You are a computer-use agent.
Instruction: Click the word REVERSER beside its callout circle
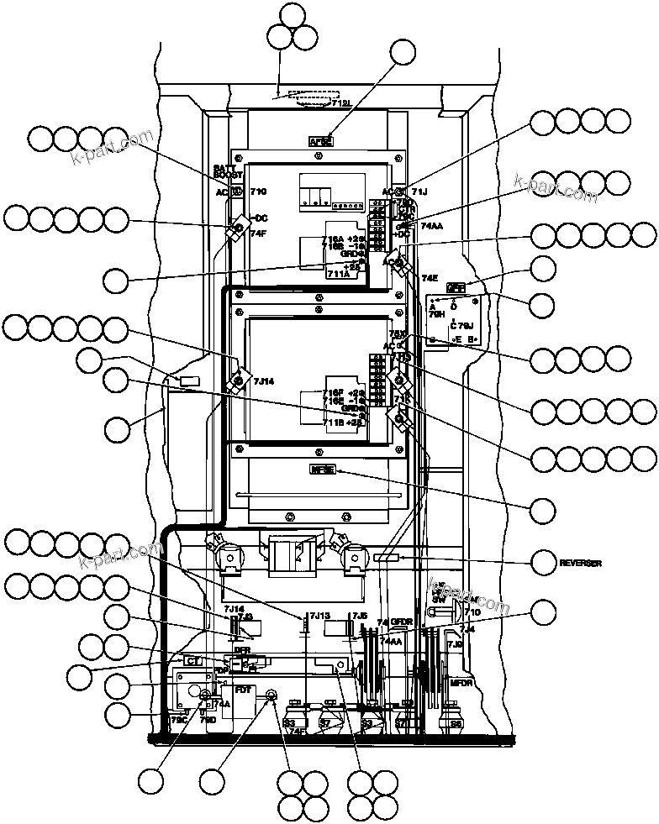click(582, 563)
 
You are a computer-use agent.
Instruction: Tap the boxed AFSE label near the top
click(321, 142)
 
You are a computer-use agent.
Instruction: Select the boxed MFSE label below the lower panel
click(322, 470)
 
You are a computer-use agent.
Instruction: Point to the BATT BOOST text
click(228, 172)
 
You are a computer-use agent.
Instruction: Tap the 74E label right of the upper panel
click(430, 277)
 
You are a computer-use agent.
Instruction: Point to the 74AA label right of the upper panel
click(431, 226)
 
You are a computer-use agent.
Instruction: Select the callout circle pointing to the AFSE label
click(404, 52)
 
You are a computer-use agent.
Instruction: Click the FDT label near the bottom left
click(243, 690)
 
